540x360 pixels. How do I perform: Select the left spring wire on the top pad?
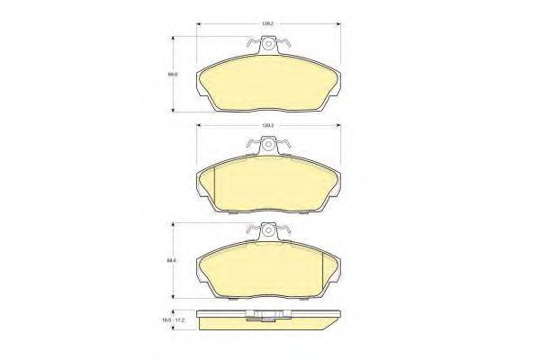tap(250, 45)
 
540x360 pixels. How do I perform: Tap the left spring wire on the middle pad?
tap(250, 147)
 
